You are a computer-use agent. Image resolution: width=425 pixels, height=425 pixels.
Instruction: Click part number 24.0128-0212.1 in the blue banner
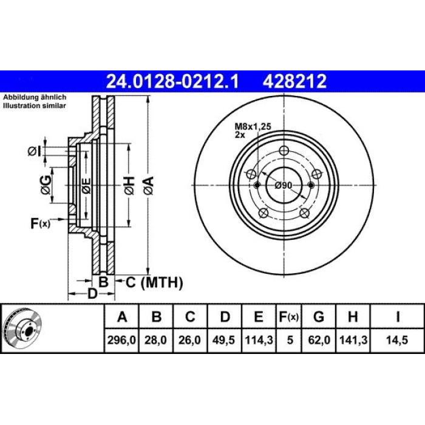click(x=172, y=81)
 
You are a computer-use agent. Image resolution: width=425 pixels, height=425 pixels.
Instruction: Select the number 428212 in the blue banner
click(x=294, y=81)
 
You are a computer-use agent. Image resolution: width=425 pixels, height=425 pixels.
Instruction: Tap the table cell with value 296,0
click(x=121, y=340)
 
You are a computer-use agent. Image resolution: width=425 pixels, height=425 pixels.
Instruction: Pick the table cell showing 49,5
click(x=223, y=340)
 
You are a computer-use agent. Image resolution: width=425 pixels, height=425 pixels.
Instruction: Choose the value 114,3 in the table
click(x=259, y=340)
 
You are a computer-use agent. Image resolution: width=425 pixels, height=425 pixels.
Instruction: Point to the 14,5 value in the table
click(x=397, y=340)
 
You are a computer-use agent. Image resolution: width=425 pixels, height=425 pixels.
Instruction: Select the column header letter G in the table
click(x=319, y=316)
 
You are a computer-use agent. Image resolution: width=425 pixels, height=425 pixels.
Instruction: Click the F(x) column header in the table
click(x=289, y=317)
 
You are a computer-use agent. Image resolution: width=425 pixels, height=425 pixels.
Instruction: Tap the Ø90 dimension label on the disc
click(x=284, y=185)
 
